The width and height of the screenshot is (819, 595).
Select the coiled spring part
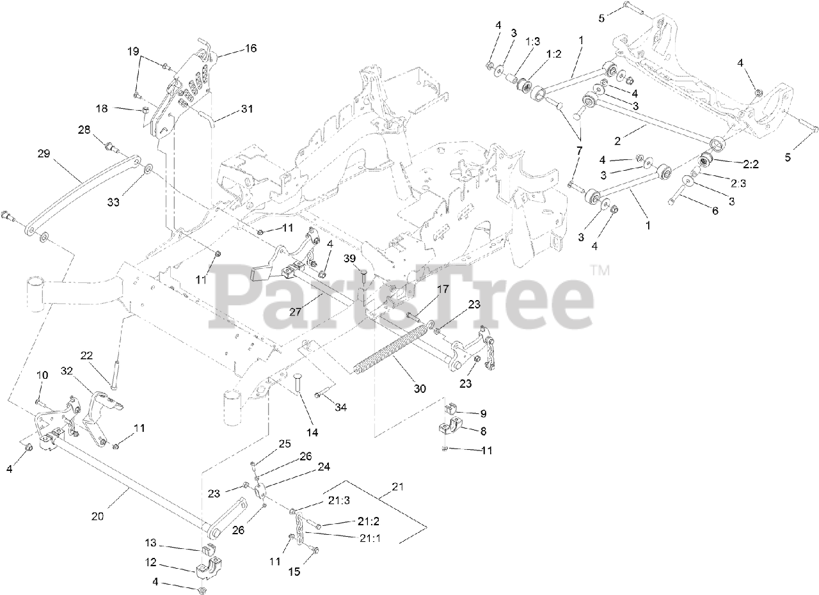[390, 350]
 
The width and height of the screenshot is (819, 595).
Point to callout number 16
[250, 48]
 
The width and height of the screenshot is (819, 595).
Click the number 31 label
[247, 109]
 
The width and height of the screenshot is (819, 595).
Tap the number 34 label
[341, 408]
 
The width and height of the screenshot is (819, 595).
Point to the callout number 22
[87, 355]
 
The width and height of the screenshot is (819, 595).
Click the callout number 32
[67, 370]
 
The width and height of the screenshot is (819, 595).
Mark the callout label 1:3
[532, 40]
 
